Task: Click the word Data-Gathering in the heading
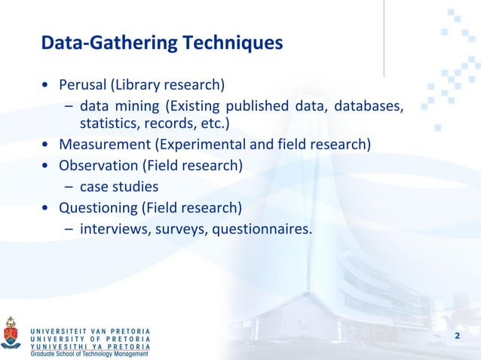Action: pyautogui.click(x=109, y=44)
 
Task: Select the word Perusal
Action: pyautogui.click(x=83, y=84)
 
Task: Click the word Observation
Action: pyautogui.click(x=97, y=164)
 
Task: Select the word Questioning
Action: pyautogui.click(x=97, y=207)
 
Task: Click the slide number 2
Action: pyautogui.click(x=457, y=335)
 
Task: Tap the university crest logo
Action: pyautogui.click(x=11, y=332)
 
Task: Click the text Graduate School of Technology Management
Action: pyautogui.click(x=90, y=353)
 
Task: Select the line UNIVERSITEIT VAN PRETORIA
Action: pyautogui.click(x=90, y=331)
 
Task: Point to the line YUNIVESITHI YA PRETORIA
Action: pyautogui.click(x=90, y=346)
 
